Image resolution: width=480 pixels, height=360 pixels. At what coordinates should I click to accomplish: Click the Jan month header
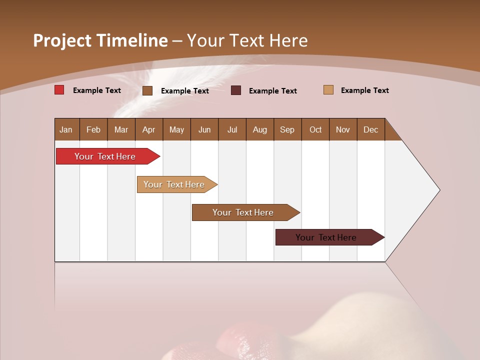click(x=66, y=129)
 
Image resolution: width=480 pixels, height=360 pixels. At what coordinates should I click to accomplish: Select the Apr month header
click(x=148, y=129)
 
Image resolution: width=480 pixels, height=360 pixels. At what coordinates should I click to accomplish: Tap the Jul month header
click(x=232, y=129)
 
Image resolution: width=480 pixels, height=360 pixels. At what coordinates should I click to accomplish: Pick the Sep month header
click(x=287, y=129)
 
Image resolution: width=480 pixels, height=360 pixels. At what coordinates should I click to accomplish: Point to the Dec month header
click(x=370, y=129)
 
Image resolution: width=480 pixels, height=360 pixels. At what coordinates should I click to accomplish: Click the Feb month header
click(x=93, y=129)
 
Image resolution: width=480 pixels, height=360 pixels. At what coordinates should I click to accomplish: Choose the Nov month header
click(x=342, y=129)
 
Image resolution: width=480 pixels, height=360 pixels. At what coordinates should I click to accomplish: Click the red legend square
click(x=59, y=90)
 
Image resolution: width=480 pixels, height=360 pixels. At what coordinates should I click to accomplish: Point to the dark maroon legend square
click(x=236, y=90)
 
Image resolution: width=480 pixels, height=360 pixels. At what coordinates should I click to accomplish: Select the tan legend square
click(x=328, y=90)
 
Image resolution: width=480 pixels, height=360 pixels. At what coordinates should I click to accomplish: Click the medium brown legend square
click(x=147, y=90)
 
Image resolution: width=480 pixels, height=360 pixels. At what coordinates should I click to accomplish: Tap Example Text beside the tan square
click(x=364, y=90)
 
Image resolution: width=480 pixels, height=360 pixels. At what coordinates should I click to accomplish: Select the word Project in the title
click(x=63, y=40)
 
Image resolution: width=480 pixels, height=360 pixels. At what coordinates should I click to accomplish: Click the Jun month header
click(x=204, y=129)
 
